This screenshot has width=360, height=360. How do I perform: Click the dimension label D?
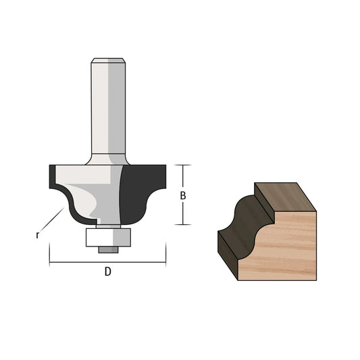(x=108, y=272)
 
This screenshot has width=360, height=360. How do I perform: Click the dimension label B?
(x=183, y=196)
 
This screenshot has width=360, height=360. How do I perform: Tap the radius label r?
(x=37, y=235)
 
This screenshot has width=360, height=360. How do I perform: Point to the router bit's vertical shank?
(x=108, y=108)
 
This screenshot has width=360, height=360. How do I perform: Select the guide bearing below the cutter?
(x=108, y=237)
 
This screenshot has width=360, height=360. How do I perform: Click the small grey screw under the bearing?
(x=108, y=250)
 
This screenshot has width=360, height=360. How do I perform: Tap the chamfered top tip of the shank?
(x=108, y=60)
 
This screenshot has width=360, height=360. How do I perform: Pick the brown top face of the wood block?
(x=286, y=197)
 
